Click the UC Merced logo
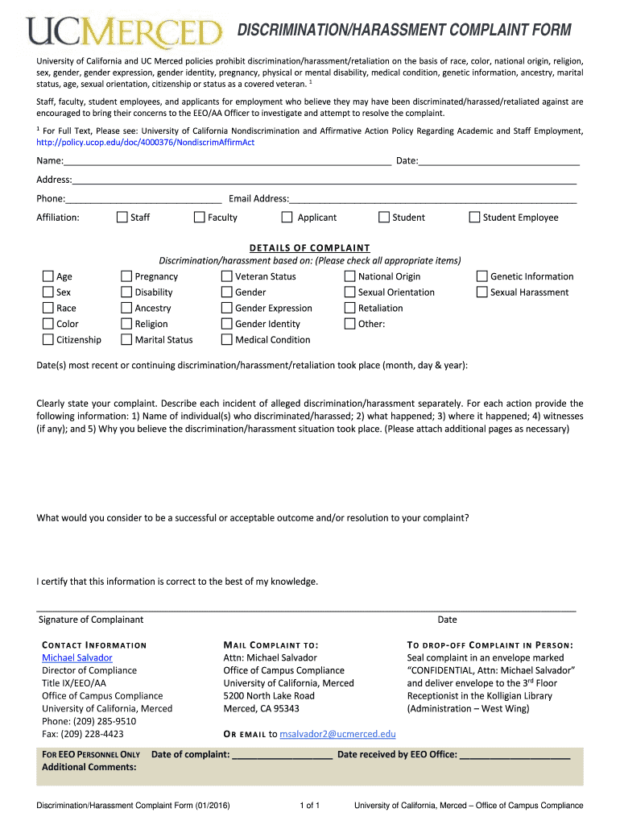(x=125, y=33)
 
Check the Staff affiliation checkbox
(x=122, y=217)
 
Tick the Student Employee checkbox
(x=475, y=217)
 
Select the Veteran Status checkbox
(x=227, y=276)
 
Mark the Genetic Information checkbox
(x=483, y=276)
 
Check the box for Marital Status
(x=126, y=339)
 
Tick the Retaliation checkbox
(x=350, y=308)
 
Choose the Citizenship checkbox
(x=48, y=339)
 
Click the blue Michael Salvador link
(x=77, y=657)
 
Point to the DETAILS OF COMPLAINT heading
(x=309, y=248)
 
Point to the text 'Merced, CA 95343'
(x=261, y=708)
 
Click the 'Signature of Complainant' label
(x=91, y=620)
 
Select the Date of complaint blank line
(x=282, y=755)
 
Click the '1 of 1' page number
(x=309, y=805)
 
